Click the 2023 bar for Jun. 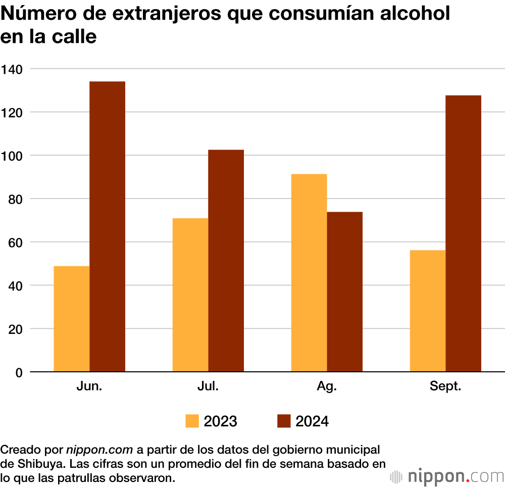[x=72, y=319]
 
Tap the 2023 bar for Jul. [x=190, y=295]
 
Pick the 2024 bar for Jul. [x=226, y=261]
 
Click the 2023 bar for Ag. [x=309, y=273]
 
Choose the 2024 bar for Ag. [x=345, y=291]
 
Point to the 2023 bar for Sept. [x=428, y=311]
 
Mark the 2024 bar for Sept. [x=464, y=233]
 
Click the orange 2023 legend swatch [x=192, y=421]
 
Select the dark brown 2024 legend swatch [x=284, y=421]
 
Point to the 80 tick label [x=16, y=199]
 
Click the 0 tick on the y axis [x=19, y=372]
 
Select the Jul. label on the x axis [x=208, y=387]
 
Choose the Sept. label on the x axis [x=445, y=387]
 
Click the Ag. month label [x=327, y=387]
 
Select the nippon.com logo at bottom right [x=447, y=476]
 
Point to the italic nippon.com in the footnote [x=99, y=450]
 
